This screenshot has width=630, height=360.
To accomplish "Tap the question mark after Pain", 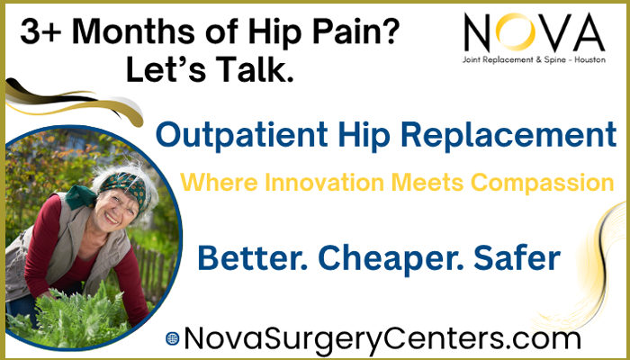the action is tap(389, 31).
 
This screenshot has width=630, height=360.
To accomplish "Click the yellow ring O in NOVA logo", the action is tap(515, 31).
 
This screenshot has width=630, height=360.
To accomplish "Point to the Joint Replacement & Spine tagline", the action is tap(534, 60).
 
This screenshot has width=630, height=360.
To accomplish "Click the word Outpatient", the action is tap(241, 135).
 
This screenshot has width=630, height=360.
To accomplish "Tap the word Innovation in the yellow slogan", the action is tap(324, 183).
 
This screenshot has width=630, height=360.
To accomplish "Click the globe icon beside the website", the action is tap(173, 338).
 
